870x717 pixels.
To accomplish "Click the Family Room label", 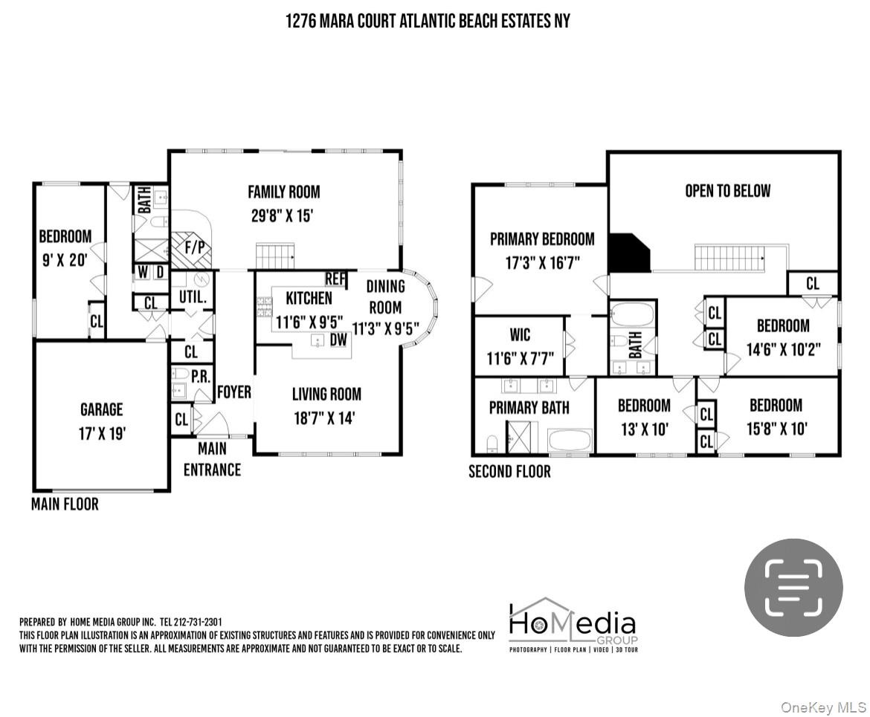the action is tap(283, 192).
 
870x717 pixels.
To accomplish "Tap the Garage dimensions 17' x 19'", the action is tap(102, 433).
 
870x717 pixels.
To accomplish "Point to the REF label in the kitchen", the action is tap(335, 279).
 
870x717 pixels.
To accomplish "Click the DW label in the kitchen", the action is tap(338, 340).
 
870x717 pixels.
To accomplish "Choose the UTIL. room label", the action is tap(193, 297).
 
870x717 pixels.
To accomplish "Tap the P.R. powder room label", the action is tap(201, 377).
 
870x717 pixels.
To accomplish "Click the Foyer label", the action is tap(234, 392).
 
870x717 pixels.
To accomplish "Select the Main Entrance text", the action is tap(213, 458).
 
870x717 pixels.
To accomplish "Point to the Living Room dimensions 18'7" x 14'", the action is tap(325, 418).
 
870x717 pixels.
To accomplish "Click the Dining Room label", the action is tap(386, 296).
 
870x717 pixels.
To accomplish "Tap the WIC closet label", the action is tap(520, 335).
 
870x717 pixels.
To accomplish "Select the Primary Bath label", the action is tap(529, 408).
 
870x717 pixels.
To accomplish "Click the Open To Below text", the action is tap(728, 191).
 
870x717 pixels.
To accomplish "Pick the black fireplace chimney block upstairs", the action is tap(629, 253).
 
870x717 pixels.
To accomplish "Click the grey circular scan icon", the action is tap(793, 587).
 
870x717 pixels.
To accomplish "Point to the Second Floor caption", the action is tap(510, 471).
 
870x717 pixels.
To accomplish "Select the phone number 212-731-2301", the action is tap(198, 622).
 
